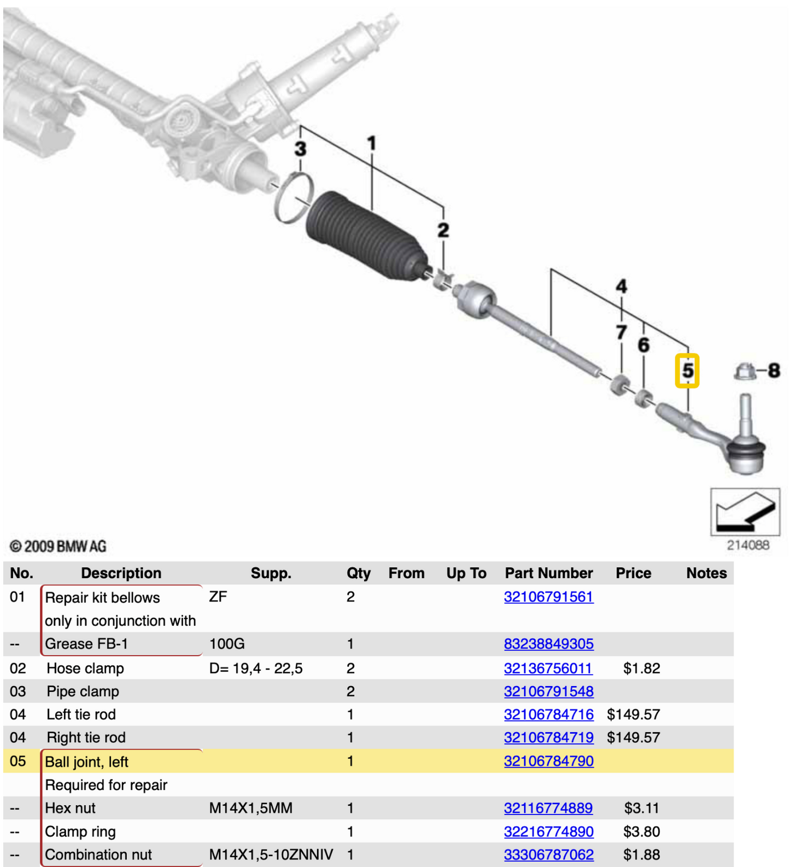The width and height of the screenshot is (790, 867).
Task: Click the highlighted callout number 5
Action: point(687,371)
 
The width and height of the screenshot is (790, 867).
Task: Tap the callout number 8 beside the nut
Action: point(774,371)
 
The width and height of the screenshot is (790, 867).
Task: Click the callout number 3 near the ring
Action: point(300,149)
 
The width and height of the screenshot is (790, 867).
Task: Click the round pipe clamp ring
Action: point(294,197)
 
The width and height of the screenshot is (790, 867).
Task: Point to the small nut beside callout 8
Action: point(745,372)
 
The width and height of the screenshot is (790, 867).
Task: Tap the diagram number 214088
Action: point(747,545)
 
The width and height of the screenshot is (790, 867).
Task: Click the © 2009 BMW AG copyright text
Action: point(58,546)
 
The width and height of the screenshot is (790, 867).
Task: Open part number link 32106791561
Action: point(548,597)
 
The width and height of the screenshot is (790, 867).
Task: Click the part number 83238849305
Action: point(548,644)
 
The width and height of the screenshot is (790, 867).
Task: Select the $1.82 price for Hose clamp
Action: point(641,668)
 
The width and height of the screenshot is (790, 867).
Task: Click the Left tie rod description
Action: point(81,714)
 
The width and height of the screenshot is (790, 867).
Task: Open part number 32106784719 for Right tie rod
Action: point(548,737)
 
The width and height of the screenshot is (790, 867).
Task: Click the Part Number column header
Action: point(548,573)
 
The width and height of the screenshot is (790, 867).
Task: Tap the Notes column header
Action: point(706,573)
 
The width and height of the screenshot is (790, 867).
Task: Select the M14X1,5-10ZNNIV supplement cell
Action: point(271,854)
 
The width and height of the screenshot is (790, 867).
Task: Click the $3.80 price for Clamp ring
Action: point(641,831)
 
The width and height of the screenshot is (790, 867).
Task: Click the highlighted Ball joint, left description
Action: point(86,761)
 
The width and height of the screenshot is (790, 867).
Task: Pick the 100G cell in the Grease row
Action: point(227,644)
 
